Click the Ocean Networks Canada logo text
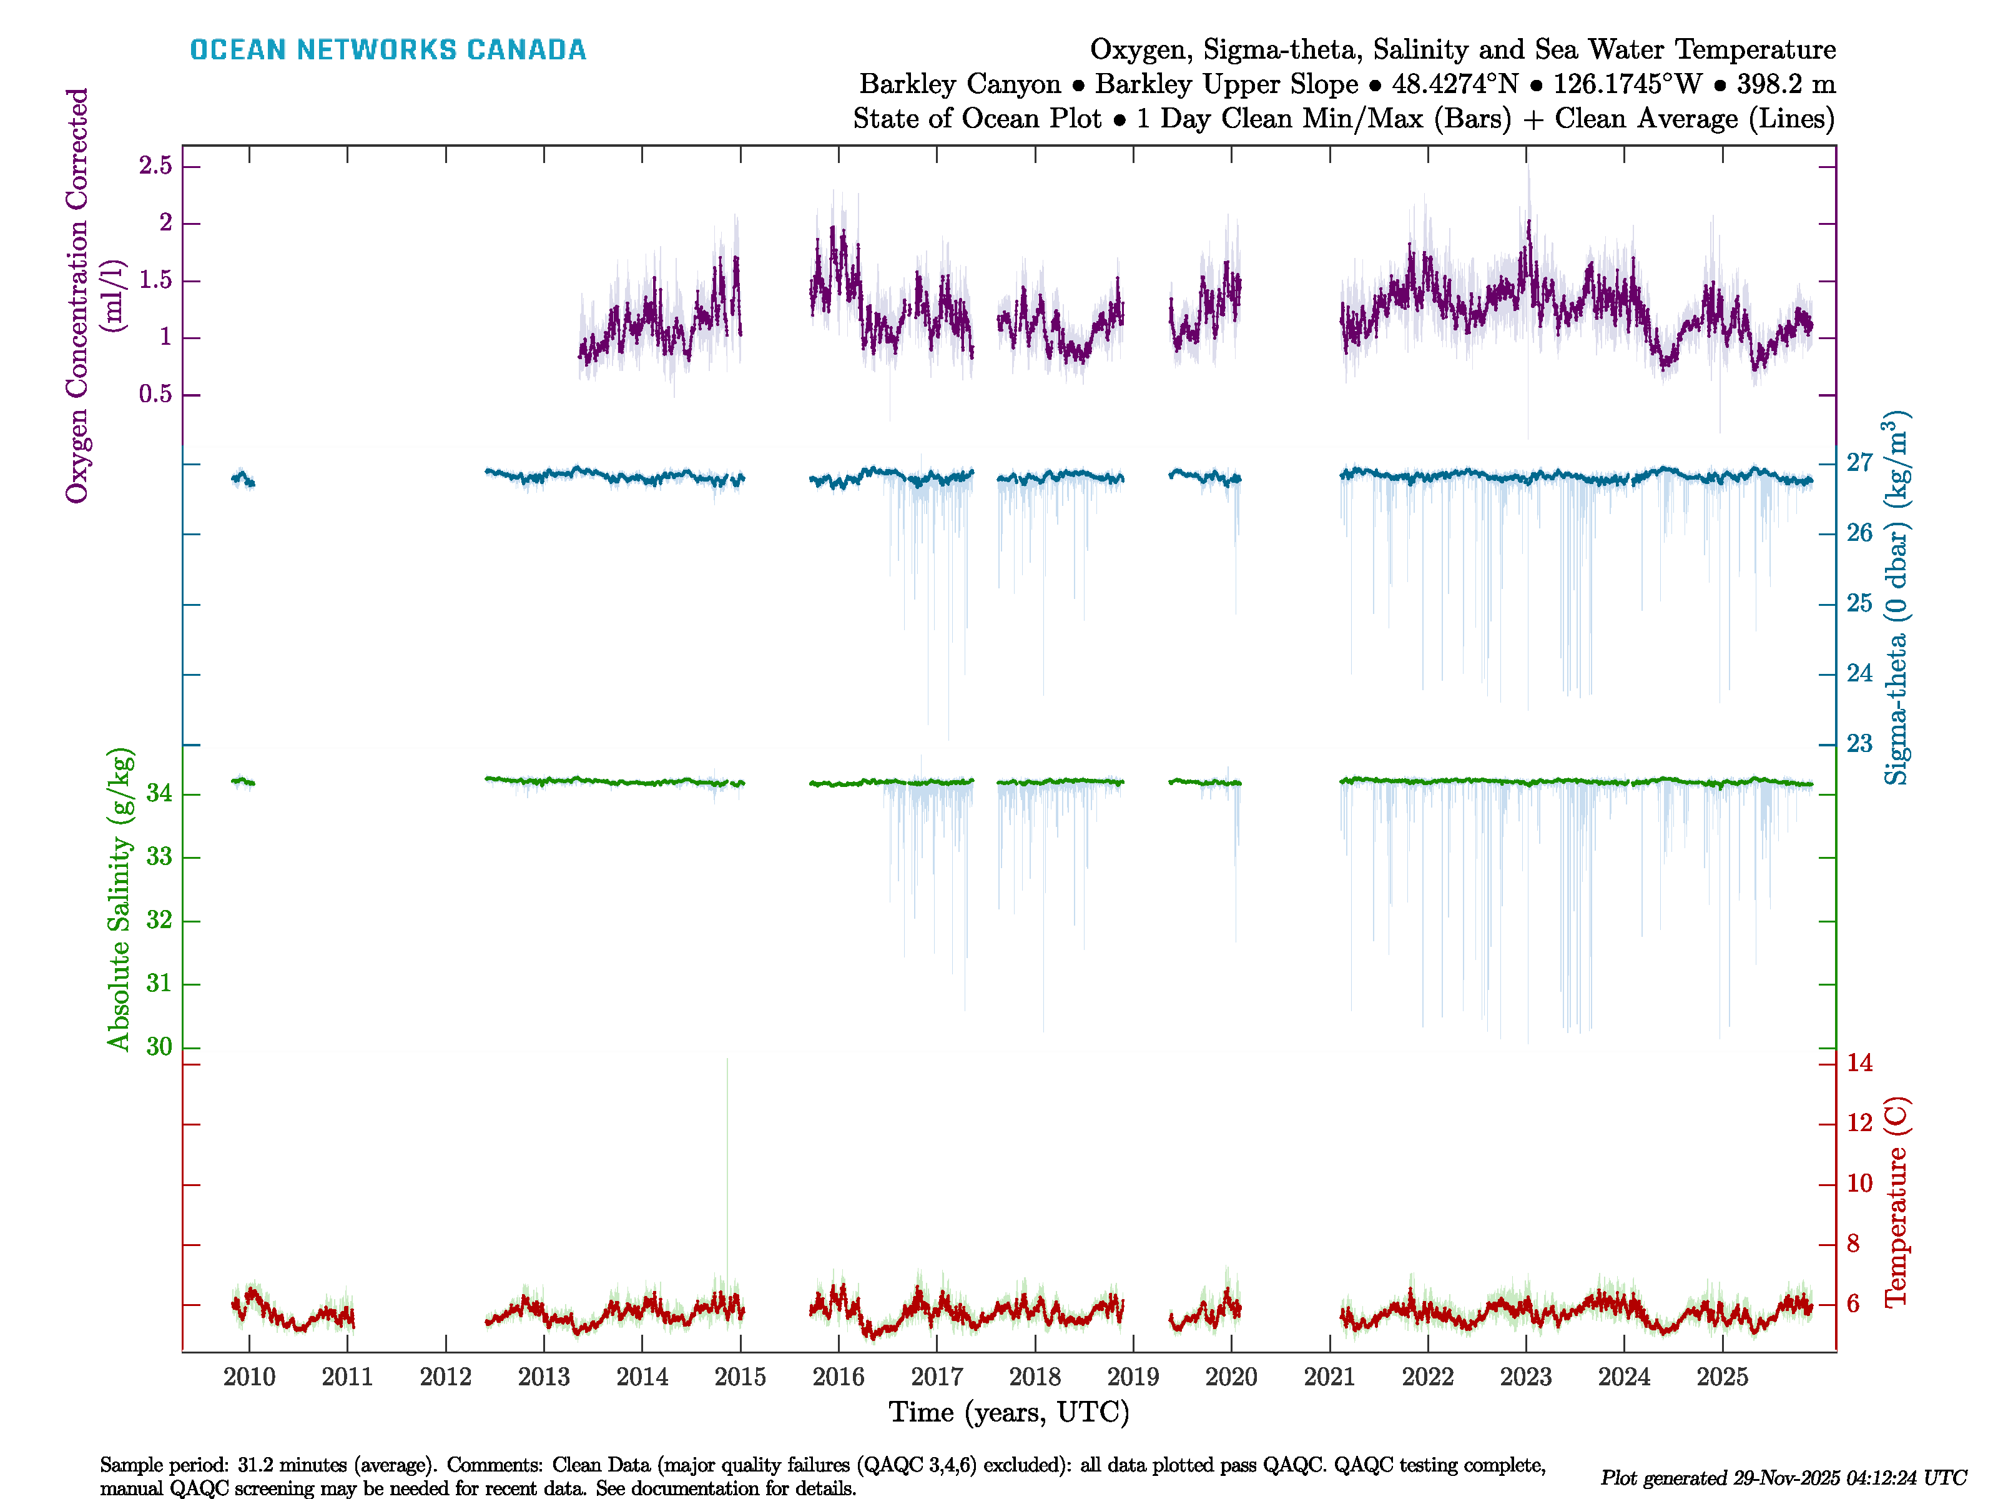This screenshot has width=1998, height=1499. tap(388, 50)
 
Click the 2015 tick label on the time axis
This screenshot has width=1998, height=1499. tap(740, 1377)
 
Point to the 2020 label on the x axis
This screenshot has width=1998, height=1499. tap(1231, 1377)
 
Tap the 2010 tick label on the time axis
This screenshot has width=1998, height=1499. tap(249, 1377)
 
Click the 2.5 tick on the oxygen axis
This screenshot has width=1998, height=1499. tap(155, 166)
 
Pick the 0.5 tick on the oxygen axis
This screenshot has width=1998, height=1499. tap(155, 395)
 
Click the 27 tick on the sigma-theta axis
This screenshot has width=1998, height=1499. tap(1859, 463)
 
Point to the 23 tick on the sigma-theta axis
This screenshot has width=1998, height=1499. tap(1859, 744)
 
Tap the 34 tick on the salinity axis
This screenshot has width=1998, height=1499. tap(159, 794)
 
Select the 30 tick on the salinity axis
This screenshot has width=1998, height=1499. tap(159, 1047)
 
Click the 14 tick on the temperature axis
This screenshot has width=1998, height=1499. tap(1859, 1064)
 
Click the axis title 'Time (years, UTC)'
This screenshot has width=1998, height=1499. tap(1009, 1412)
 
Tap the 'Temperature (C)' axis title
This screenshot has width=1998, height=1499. tap(1896, 1202)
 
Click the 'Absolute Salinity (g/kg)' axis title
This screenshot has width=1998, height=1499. tap(119, 899)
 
